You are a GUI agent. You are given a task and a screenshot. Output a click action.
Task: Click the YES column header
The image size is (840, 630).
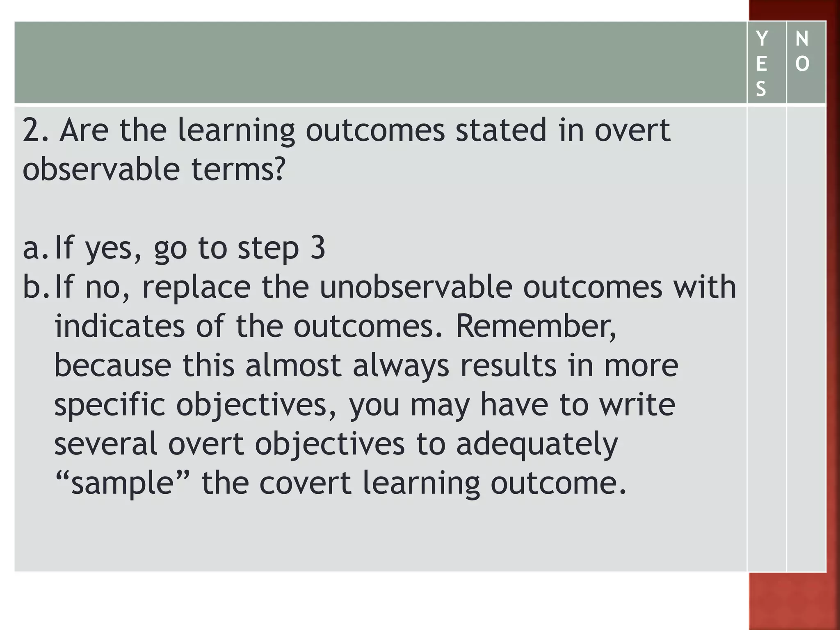pyautogui.click(x=761, y=64)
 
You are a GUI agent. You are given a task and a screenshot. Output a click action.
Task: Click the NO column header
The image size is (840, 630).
pyautogui.click(x=802, y=51)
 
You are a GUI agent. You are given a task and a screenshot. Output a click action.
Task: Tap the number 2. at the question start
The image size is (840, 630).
pyautogui.click(x=35, y=130)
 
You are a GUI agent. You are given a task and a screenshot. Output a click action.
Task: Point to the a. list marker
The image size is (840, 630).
pyautogui.click(x=36, y=248)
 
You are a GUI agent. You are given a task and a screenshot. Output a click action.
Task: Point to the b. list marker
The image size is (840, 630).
pyautogui.click(x=36, y=287)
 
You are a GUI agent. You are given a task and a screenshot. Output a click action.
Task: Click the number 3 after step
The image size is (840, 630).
pyautogui.click(x=317, y=248)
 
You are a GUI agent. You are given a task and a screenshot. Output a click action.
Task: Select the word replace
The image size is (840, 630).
pyautogui.click(x=196, y=288)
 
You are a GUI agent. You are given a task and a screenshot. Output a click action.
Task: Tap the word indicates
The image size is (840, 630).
pyautogui.click(x=120, y=326)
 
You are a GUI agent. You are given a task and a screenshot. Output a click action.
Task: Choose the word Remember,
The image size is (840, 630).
pyautogui.click(x=536, y=326)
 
